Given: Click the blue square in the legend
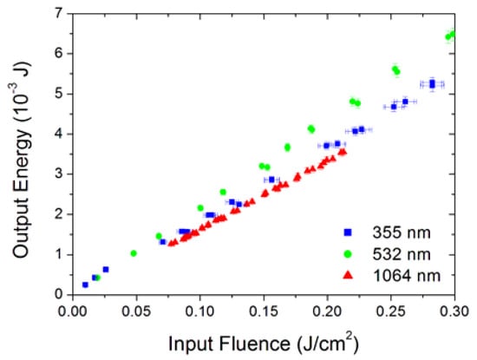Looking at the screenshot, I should pyautogui.click(x=348, y=232).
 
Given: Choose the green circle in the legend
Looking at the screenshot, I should pyautogui.click(x=348, y=253).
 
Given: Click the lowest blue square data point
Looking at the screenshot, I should pyautogui.click(x=85, y=285).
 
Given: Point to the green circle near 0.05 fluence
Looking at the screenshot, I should pyautogui.click(x=134, y=253).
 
